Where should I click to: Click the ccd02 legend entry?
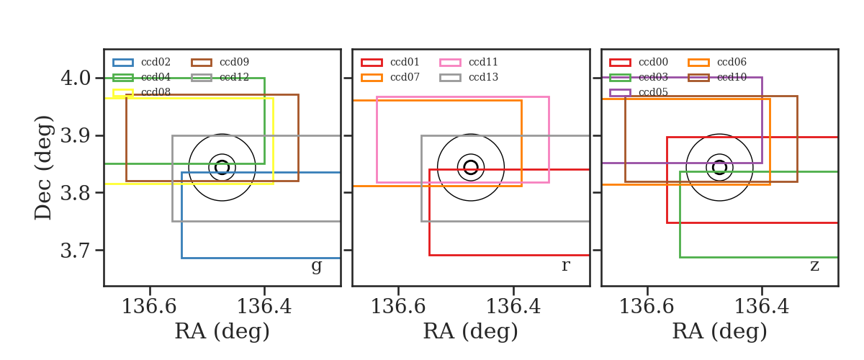142,62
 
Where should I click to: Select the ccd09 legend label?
234,62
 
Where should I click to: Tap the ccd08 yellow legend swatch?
123,93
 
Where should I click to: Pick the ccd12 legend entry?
220,77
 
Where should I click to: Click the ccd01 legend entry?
390,62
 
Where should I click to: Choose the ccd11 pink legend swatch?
450,63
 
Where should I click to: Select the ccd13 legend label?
483,77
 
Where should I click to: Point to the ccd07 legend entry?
390,77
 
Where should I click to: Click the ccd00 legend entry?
639,62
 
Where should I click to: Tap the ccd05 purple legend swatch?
620,93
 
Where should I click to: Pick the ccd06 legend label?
732,62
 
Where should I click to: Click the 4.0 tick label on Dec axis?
76,78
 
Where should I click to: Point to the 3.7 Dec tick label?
76,251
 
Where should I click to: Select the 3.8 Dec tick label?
76,193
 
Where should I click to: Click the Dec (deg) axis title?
42,168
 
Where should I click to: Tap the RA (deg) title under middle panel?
471,331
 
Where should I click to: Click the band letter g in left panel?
316,266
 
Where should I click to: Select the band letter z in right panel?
814,266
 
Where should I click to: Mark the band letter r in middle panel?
565,266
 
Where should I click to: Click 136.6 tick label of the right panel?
647,307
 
